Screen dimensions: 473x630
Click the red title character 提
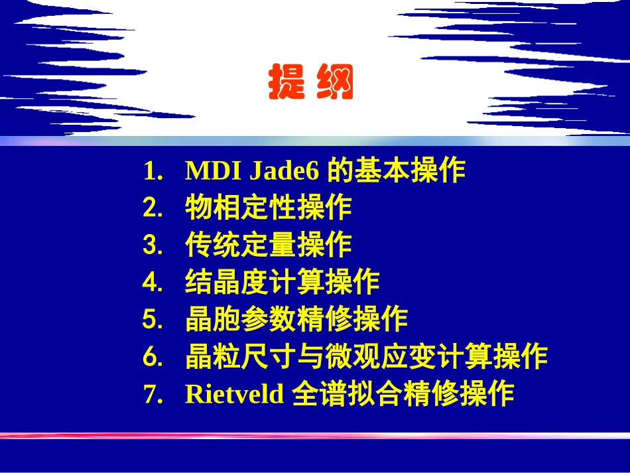click(x=286, y=83)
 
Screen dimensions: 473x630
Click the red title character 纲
click(x=336, y=83)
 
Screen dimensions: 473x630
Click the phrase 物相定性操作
click(x=269, y=208)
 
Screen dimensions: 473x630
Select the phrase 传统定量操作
click(x=269, y=245)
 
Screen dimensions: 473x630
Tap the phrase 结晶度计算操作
click(x=283, y=283)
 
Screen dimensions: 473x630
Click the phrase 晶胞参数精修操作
click(x=296, y=320)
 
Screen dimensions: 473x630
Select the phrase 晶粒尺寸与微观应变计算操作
click(x=366, y=357)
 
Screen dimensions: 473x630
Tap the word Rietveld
click(x=234, y=394)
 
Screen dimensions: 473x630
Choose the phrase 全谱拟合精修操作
click(x=403, y=394)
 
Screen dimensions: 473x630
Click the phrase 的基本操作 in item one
click(x=397, y=172)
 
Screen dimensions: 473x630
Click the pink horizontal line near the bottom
click(x=315, y=436)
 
